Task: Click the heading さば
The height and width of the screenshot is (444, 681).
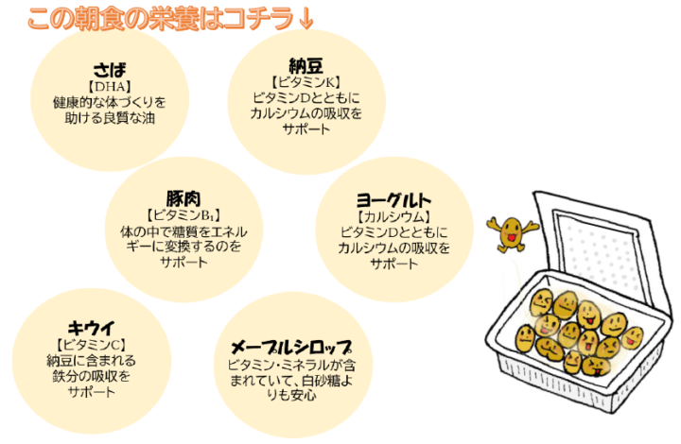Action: point(110,70)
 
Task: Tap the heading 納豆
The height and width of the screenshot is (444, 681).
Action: point(306,66)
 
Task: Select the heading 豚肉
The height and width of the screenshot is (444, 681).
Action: point(183,198)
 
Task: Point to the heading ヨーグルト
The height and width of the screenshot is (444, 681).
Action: point(393,200)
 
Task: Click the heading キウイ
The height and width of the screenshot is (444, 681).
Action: point(91,328)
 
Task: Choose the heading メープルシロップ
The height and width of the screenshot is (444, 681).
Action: point(291,347)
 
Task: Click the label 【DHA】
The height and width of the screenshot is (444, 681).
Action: point(110,87)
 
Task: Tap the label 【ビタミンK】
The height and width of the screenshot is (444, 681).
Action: point(306,82)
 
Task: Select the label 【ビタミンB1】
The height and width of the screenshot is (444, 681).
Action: point(183,215)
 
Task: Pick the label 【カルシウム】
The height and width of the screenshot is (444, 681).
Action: point(393,216)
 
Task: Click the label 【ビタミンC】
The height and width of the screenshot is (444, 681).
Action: point(91,345)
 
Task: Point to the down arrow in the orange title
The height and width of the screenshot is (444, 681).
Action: point(306,19)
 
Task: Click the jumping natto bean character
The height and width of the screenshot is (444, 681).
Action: point(512,232)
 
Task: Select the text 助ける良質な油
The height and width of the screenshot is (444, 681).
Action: point(110,118)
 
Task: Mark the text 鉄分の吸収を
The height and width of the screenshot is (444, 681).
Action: point(91,376)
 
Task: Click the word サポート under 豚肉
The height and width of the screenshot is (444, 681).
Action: point(183,263)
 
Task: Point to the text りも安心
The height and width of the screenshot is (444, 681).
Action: point(291,396)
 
